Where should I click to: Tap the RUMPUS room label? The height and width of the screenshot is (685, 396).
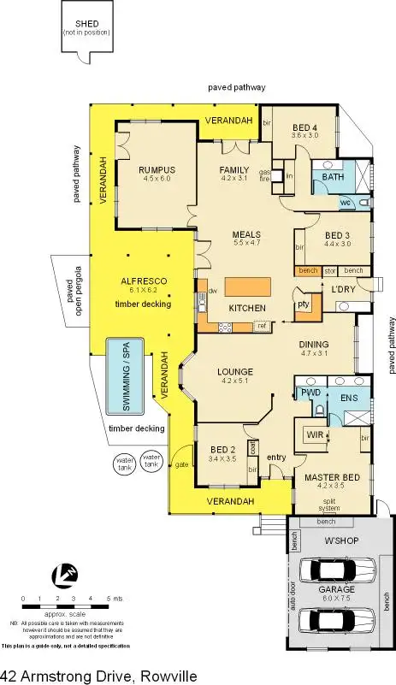[x=156, y=169]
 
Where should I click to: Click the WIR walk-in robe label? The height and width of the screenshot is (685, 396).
[x=313, y=434]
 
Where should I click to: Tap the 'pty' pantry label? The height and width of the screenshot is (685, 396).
[x=302, y=304]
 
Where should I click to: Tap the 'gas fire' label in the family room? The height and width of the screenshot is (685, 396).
[x=264, y=174]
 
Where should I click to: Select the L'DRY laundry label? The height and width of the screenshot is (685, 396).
[x=343, y=288]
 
